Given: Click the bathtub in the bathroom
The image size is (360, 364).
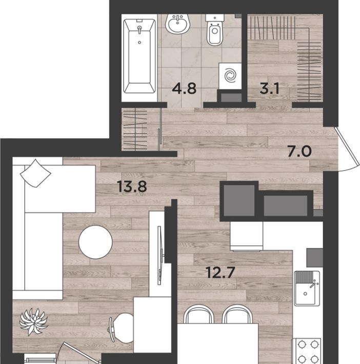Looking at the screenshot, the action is click(139, 56).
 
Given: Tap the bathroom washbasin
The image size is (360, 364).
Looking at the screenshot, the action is click(178, 24).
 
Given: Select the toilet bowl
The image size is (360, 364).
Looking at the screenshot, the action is click(214, 30).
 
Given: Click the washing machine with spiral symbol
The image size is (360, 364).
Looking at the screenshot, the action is click(230, 75).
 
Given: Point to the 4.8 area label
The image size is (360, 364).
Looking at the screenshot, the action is click(185, 89).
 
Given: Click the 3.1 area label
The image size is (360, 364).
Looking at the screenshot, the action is click(269, 89).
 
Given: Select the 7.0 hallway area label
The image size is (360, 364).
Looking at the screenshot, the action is click(299, 152).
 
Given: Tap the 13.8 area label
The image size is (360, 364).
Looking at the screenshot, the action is click(132, 187).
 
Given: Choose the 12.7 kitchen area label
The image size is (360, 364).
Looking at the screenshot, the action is click(221, 272).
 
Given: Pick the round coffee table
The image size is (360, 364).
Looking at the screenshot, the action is click(96, 242).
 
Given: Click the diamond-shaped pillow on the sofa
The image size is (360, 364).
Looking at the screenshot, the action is click(35, 173).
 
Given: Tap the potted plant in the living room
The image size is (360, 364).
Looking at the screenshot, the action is click(34, 321).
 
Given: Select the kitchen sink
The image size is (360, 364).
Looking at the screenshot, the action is click(307, 288).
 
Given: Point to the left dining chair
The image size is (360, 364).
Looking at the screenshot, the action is click(199, 314).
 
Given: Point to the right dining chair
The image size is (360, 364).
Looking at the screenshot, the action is click(237, 314).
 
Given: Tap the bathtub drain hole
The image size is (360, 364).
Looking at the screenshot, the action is click(139, 43).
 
